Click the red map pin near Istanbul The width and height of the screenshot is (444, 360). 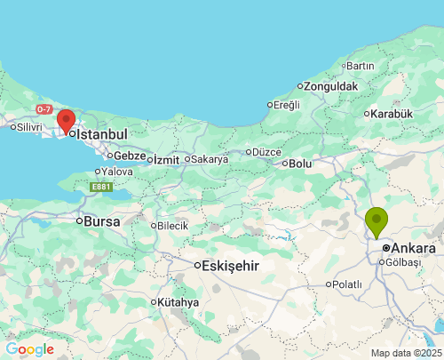click(x=66, y=121)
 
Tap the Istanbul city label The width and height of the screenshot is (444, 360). click(x=102, y=134)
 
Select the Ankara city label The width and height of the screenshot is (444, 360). click(x=413, y=248)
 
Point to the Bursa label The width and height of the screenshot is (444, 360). click(x=102, y=220)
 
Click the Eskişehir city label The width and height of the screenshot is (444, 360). click(x=230, y=266)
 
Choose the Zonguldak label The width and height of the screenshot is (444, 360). click(x=330, y=86)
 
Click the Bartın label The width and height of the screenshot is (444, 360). click(x=361, y=66)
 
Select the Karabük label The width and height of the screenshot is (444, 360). click(x=392, y=114)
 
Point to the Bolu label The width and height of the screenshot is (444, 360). click(x=300, y=164)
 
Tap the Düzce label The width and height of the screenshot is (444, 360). click(x=266, y=152)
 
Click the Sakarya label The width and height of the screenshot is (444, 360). click(x=210, y=159)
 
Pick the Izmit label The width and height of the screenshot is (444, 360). click(x=166, y=160)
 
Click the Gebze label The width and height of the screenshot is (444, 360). click(x=130, y=155)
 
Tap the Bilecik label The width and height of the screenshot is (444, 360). click(x=172, y=226)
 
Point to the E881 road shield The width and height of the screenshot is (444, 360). click(x=99, y=187)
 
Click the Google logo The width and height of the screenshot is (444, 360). click(x=29, y=349)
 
